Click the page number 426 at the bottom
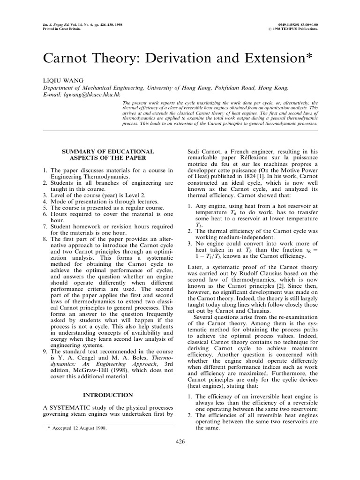[x=180, y=441]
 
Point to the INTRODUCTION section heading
[x=108, y=395]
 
